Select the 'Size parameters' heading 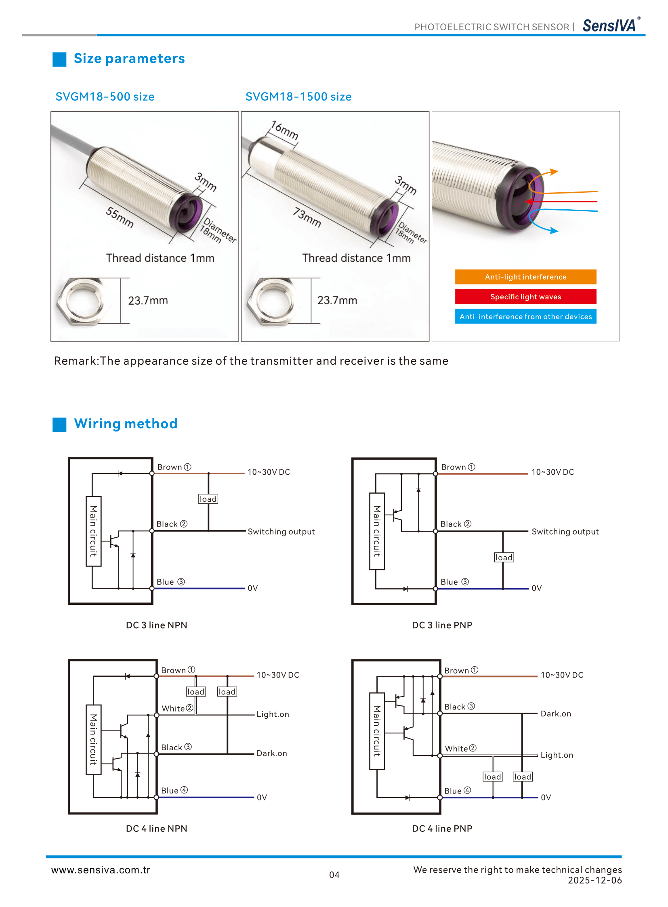tap(129, 59)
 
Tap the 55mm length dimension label tap(120, 217)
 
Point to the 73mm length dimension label tap(307, 217)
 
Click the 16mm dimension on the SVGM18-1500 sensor tap(285, 130)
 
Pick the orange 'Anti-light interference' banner tap(525, 277)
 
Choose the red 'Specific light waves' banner tap(525, 297)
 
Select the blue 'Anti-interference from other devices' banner tap(525, 316)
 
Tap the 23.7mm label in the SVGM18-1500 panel tap(337, 300)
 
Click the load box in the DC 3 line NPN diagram tap(208, 499)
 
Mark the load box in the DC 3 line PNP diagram tap(504, 558)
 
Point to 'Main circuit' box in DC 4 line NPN tap(93, 739)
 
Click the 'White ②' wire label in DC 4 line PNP tap(460, 748)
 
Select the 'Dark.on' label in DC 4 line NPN tap(272, 753)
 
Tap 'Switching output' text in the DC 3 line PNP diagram tap(565, 532)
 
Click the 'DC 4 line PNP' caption tap(442, 829)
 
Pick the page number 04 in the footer tap(334, 875)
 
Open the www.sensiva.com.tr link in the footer tap(101, 870)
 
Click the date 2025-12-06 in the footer tap(595, 880)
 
